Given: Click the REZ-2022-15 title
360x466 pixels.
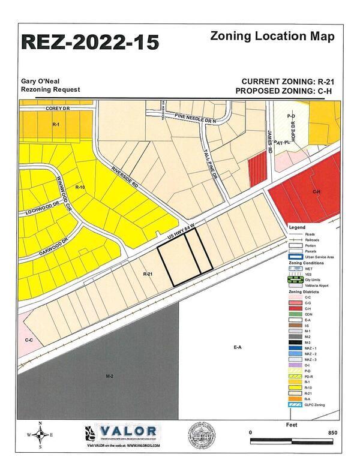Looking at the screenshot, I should [91, 43].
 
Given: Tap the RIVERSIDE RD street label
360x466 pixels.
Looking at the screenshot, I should [125, 178].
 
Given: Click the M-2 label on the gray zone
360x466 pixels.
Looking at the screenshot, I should [110, 376].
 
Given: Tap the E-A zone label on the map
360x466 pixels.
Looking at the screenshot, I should [238, 347].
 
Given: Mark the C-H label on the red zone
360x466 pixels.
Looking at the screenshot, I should [316, 191].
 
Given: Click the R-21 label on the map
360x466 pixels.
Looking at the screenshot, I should [149, 273].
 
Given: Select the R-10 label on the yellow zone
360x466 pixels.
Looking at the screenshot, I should [79, 188].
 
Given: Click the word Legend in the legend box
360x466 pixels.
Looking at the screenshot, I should [298, 227].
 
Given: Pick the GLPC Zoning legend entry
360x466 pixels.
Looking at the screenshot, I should [315, 405].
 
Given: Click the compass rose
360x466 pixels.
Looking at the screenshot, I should [40, 435].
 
